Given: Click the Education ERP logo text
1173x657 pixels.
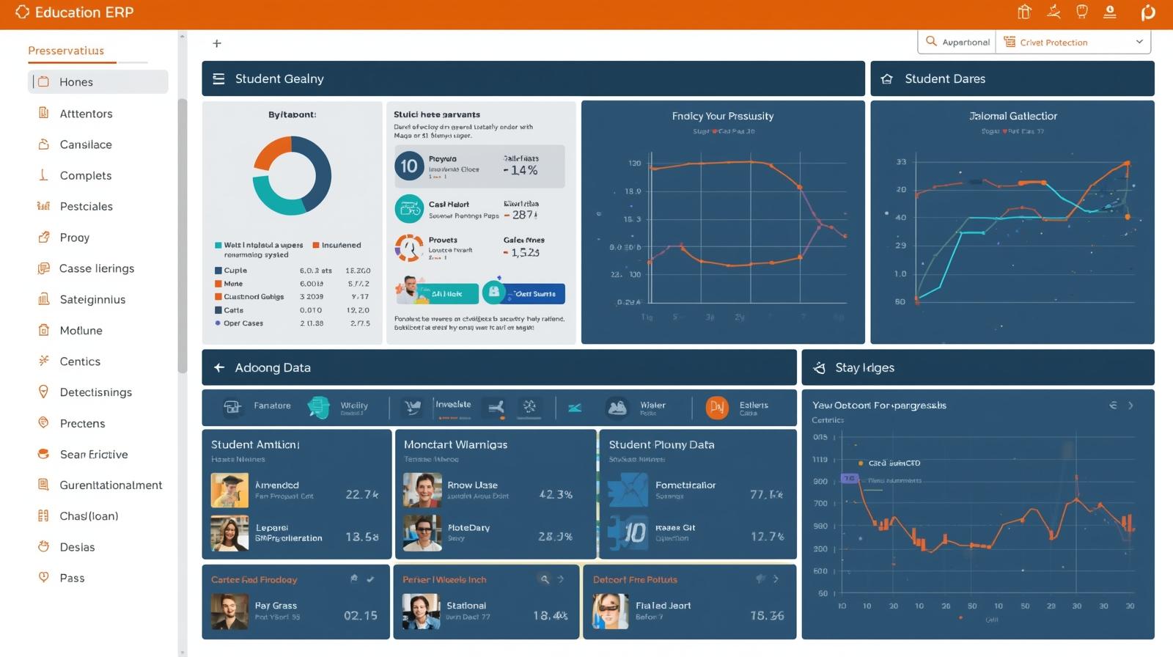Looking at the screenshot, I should tap(84, 12).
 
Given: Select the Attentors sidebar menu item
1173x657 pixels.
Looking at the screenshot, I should tap(86, 114).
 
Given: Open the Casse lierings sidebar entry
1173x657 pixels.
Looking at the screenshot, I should tap(96, 268).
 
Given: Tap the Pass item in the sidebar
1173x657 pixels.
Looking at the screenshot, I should tap(72, 578).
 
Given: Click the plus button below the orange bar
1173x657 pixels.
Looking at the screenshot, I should tap(217, 43).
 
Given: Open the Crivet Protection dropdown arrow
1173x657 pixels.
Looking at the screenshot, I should tap(1139, 42).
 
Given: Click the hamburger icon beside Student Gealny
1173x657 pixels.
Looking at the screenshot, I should tap(218, 78).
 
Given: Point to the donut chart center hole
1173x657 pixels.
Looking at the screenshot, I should tap(292, 176).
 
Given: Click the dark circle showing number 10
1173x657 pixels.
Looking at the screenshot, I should tap(408, 166).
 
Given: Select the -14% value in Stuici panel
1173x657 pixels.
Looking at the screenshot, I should tap(521, 170).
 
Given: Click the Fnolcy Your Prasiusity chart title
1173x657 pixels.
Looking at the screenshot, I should tap(722, 116).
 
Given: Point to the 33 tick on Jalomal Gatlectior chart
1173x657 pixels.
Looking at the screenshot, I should tap(901, 161).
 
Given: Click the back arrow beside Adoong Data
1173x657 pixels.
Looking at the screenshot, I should tap(219, 367).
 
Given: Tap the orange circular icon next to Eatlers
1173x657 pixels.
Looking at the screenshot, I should tap(716, 407).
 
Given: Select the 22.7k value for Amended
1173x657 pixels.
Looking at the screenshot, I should tap(361, 494).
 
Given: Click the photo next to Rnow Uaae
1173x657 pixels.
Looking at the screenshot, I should tap(422, 490).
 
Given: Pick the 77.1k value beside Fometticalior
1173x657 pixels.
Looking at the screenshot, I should tap(766, 494).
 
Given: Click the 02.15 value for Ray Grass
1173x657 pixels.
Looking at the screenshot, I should tap(360, 615).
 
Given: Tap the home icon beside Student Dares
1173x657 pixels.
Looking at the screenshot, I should tap(886, 79).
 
